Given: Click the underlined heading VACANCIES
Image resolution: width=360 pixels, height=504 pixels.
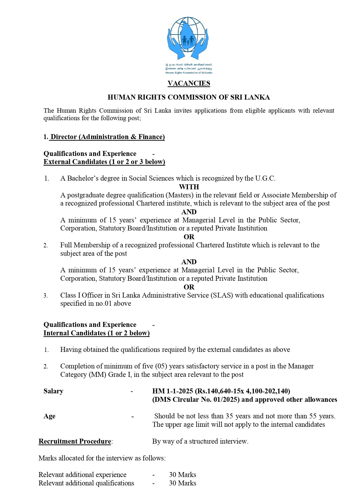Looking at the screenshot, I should click(189, 83).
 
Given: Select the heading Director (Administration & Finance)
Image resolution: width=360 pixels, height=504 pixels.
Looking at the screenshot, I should click(108, 137).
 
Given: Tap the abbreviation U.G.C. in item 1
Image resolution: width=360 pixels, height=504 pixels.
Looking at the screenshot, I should click(265, 178).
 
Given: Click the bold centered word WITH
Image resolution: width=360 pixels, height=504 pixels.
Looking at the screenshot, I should click(189, 187).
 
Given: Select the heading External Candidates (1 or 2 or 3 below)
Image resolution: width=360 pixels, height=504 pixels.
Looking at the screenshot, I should click(104, 162).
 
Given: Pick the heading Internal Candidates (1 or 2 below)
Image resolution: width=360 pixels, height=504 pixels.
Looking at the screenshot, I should click(97, 333).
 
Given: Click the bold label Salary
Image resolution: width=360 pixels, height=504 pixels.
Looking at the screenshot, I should click(53, 391).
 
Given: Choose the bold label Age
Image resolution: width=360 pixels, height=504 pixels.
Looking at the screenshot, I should click(49, 416).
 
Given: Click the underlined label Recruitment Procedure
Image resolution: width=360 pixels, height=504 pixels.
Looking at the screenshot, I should click(75, 441).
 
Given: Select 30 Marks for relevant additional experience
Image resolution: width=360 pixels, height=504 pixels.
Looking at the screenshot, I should click(182, 475).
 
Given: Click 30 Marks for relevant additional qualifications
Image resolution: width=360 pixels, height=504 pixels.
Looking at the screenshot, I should click(182, 483).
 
